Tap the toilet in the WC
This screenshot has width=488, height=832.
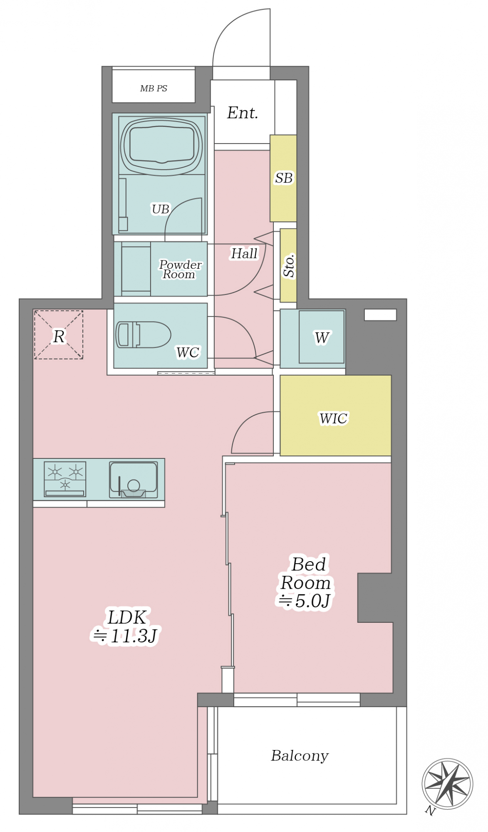point(143,334)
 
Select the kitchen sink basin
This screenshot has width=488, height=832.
point(134,480)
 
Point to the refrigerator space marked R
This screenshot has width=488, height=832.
point(59,334)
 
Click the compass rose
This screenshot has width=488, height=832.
point(447,784)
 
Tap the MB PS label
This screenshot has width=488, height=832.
point(154,88)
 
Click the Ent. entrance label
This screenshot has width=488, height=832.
point(243,113)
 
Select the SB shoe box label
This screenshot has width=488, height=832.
point(284,178)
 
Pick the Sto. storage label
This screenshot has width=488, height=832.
point(289,265)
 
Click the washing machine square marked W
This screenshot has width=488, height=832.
point(322,337)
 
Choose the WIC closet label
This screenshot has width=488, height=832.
point(333,418)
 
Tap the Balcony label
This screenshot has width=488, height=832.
point(300,755)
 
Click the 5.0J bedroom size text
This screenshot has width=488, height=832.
point(305,601)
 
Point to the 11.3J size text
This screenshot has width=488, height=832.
point(125,636)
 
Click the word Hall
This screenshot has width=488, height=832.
point(244,253)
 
